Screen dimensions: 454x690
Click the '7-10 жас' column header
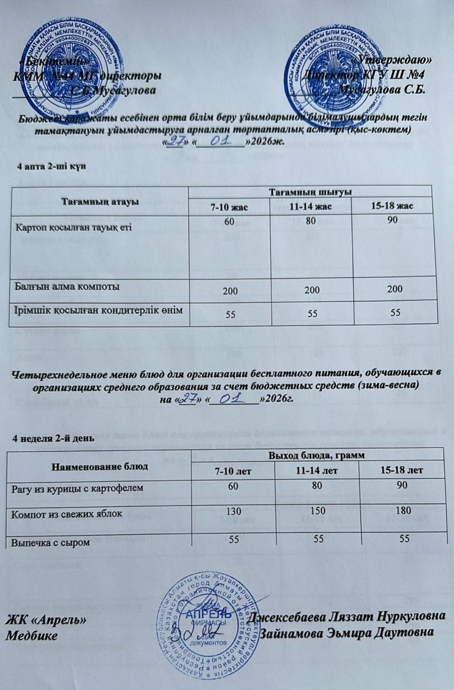(x=230, y=207)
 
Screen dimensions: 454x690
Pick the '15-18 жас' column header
(x=392, y=207)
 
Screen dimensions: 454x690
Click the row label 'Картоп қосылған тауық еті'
(x=74, y=226)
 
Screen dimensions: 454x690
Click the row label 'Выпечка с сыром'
(x=51, y=543)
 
